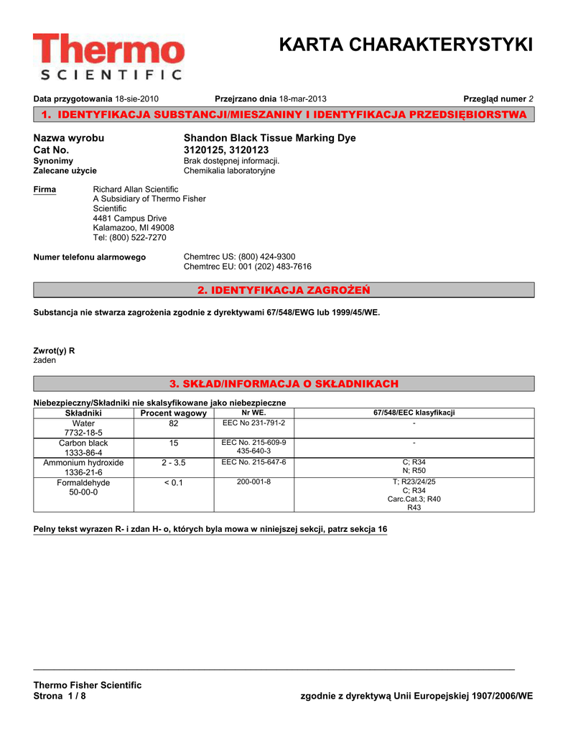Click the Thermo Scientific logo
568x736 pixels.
108,57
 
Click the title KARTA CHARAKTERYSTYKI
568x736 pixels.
406,45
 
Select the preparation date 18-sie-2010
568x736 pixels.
137,98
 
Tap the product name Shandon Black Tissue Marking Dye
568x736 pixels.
269,138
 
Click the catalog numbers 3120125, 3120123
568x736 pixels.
223,149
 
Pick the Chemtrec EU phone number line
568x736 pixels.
248,267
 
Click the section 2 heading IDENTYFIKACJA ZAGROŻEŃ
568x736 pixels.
284,290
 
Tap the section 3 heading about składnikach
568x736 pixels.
284,384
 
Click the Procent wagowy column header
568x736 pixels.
174,413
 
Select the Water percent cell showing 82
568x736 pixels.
174,424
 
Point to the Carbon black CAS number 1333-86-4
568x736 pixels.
83,453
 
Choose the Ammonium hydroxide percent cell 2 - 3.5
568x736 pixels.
174,463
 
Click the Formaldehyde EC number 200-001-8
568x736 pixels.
253,482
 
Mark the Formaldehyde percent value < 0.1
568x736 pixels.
174,482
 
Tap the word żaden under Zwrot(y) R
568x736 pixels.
45,360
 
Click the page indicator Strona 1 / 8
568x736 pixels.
60,696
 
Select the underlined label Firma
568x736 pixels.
45,189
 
